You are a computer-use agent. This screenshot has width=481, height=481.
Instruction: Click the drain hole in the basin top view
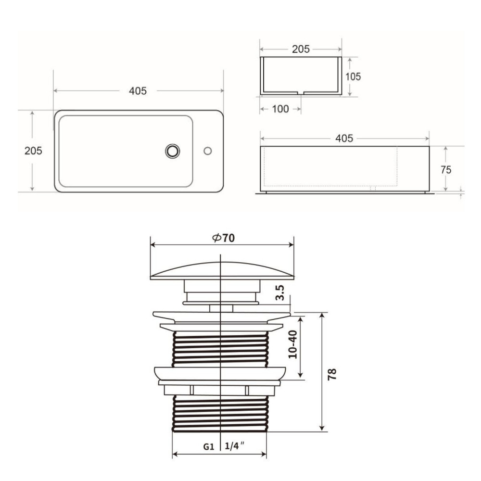click(x=172, y=151)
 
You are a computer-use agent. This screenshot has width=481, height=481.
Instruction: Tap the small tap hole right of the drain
click(x=208, y=151)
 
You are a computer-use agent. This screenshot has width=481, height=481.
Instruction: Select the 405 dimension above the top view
click(x=138, y=91)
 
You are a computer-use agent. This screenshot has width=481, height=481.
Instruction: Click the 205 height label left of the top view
click(x=33, y=151)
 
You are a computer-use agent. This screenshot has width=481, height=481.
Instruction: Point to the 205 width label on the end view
click(x=301, y=49)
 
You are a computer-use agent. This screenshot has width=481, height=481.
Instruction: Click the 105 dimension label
click(x=353, y=76)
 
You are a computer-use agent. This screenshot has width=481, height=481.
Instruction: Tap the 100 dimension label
click(x=280, y=109)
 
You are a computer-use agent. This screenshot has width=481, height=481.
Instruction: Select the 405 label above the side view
click(x=344, y=139)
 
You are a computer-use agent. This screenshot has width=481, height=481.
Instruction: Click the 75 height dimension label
click(x=446, y=170)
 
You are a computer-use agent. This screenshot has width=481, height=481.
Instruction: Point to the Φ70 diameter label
click(x=223, y=238)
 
